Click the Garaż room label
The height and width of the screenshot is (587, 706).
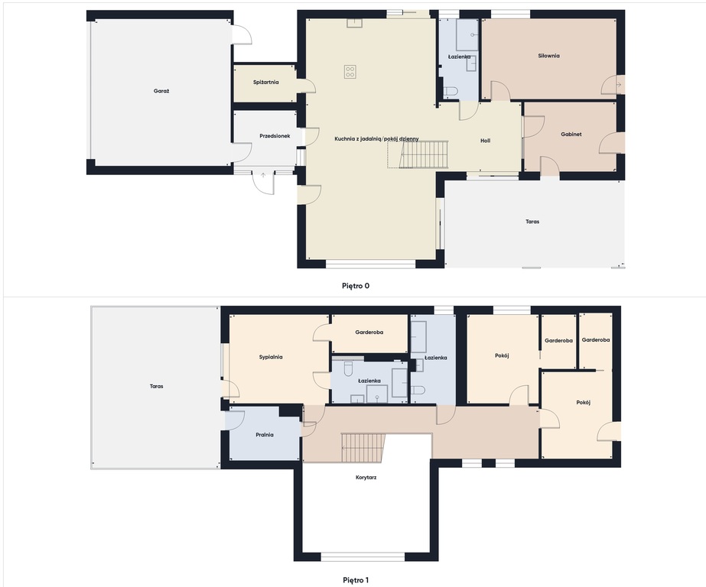[161, 91]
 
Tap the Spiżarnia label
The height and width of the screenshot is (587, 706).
[265, 83]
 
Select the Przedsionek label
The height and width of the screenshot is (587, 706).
[275, 136]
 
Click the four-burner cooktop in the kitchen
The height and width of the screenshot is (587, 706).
[350, 72]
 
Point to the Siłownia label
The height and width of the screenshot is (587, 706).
[549, 56]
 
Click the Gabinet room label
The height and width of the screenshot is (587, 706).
[571, 134]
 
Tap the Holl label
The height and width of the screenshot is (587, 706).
[486, 141]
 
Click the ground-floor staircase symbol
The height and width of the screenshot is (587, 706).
[418, 154]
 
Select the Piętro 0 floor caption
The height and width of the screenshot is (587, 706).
[356, 286]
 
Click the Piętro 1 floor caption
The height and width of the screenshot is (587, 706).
[356, 580]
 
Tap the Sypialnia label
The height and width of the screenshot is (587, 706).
[271, 357]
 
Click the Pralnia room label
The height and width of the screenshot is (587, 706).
[265, 435]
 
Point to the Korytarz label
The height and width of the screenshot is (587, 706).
[366, 478]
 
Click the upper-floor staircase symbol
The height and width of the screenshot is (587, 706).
[363, 448]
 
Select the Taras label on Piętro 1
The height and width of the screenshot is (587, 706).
[157, 387]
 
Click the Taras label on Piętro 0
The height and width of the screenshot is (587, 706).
[532, 222]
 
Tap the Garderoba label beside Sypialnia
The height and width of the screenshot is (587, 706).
[369, 332]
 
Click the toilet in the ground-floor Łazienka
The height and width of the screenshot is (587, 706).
[451, 92]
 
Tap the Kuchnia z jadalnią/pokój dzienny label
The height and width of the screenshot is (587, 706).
[376, 139]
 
